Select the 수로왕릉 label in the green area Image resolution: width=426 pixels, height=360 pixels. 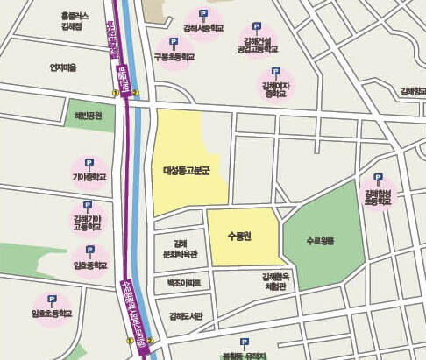(x=321, y=239)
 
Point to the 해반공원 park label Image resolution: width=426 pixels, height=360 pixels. (x=89, y=116)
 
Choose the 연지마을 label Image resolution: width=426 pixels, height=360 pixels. (x=65, y=67)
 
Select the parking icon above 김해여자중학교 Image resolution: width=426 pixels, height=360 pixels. (x=276, y=72)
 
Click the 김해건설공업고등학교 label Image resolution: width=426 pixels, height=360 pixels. (x=256, y=42)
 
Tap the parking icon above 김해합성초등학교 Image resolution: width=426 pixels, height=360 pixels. (x=378, y=177)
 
